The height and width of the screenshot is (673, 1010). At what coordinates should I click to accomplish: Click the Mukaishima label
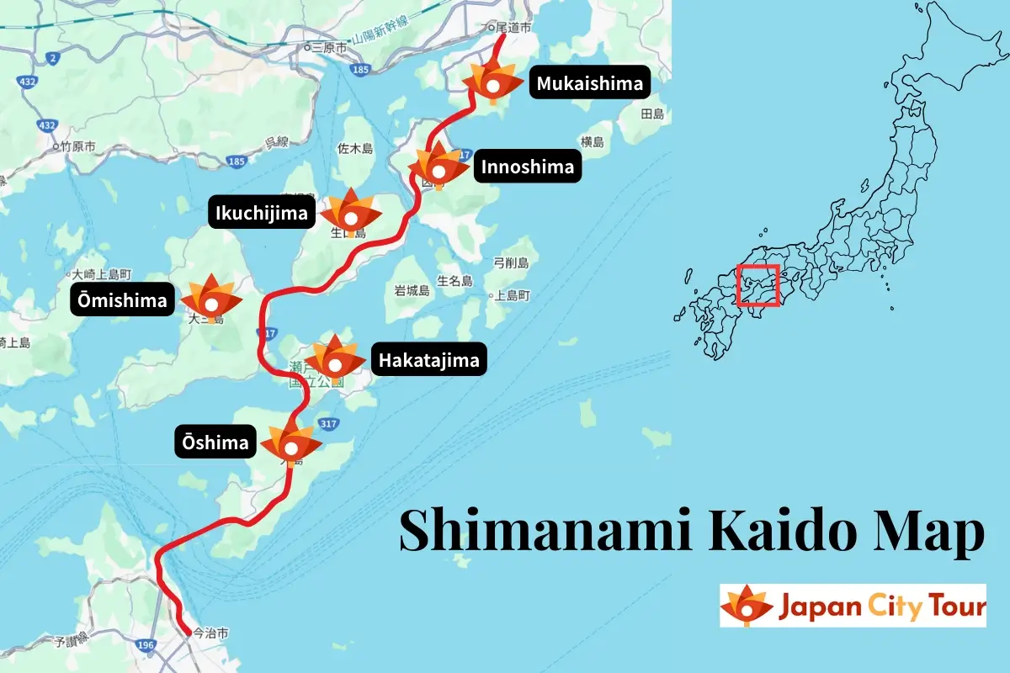[589, 83]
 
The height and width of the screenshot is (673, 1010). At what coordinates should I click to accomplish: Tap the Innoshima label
[528, 167]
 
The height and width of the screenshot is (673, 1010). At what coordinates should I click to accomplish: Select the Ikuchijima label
[258, 214]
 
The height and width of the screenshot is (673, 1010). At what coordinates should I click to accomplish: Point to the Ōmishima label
[124, 300]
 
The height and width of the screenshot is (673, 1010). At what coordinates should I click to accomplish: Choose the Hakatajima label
[428, 361]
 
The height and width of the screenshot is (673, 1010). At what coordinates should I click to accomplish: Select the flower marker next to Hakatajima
[335, 360]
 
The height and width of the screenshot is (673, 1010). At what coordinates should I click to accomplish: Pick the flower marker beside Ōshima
[291, 444]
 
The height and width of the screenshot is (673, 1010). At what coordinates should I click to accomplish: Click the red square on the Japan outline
[757, 286]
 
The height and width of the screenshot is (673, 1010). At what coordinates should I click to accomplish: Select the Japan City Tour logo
[852, 606]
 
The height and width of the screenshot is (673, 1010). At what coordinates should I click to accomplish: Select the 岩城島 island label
[412, 291]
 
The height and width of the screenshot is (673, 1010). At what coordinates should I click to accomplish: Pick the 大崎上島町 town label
[102, 274]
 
